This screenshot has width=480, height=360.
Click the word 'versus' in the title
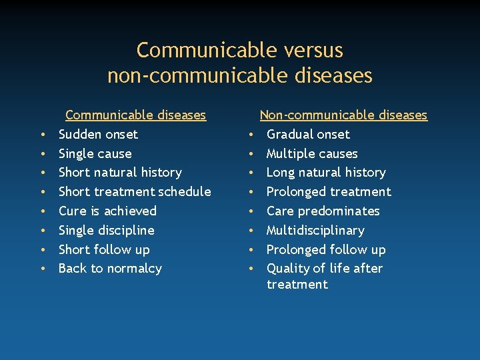(312, 51)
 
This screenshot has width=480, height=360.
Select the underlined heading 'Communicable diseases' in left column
(135, 115)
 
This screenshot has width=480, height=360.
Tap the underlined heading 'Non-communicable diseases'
(343, 115)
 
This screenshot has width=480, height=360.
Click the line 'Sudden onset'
(98, 134)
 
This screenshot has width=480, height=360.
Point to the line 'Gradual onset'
(308, 134)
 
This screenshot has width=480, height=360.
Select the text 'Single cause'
(95, 153)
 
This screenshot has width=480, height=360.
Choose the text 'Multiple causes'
(312, 153)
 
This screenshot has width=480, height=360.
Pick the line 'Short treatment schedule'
(135, 192)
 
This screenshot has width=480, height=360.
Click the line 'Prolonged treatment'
(329, 192)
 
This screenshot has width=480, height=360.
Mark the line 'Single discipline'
(106, 231)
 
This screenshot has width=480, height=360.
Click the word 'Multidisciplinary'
(315, 231)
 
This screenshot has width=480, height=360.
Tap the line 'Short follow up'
(104, 250)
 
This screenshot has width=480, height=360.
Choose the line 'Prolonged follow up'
(326, 250)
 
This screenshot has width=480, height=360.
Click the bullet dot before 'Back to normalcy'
(42, 269)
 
